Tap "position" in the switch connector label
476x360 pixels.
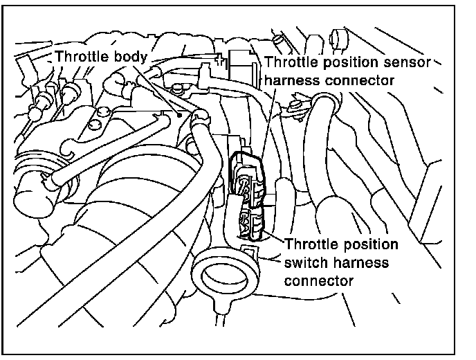coord(374,246)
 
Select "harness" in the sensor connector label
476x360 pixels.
coord(290,80)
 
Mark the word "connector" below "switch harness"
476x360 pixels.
coord(319,280)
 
